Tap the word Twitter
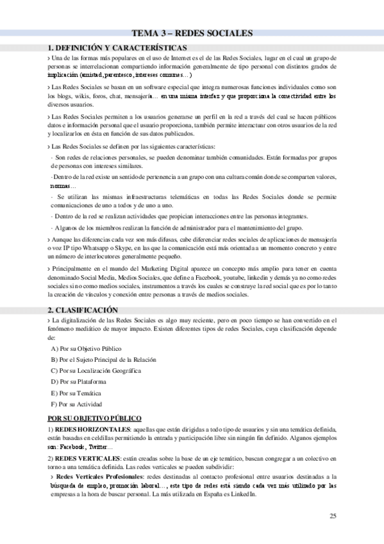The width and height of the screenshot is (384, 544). click(x=97, y=446)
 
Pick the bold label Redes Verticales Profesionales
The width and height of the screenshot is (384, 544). click(x=99, y=477)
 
